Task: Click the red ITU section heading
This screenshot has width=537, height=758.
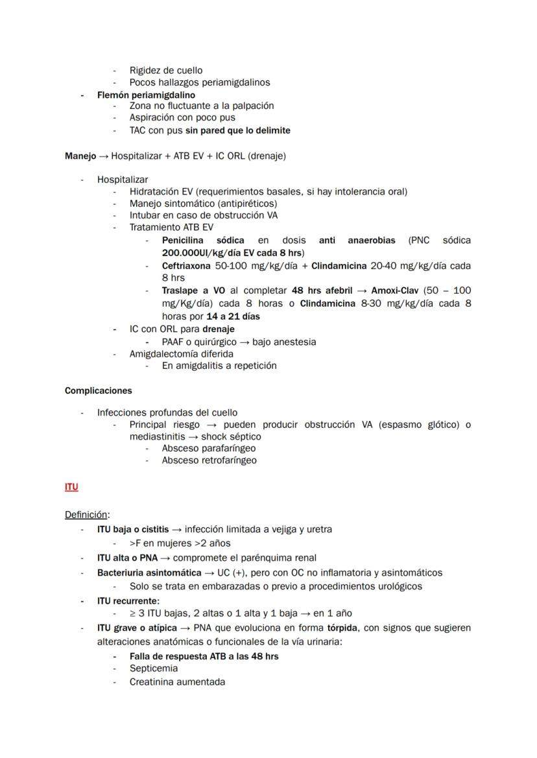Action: point(71,487)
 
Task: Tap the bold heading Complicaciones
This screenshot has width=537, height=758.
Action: point(98,391)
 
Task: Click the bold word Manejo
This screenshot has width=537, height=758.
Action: point(80,156)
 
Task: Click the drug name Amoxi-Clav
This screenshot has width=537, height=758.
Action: point(394,291)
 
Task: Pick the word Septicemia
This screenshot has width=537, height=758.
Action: point(154,669)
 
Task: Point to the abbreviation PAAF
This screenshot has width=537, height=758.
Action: point(174,342)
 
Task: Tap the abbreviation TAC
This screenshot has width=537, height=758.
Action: point(139,130)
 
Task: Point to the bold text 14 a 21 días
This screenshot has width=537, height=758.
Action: point(233,316)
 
